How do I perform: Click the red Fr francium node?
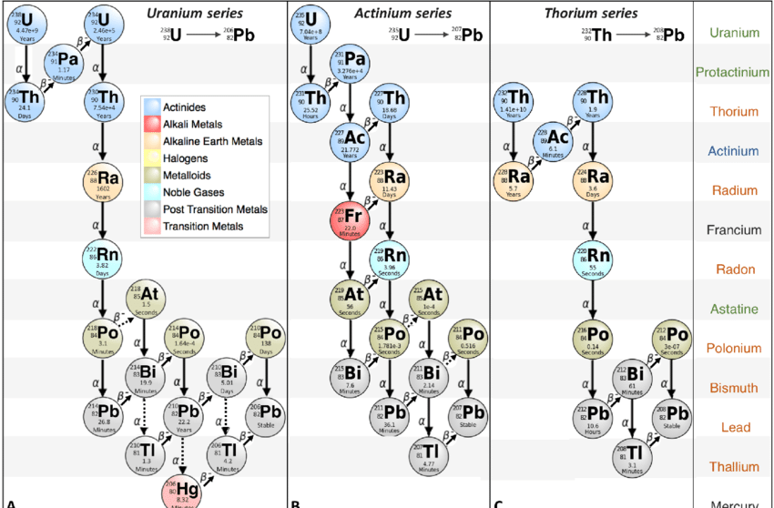(x=349, y=220)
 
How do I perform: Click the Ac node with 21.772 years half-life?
(x=350, y=142)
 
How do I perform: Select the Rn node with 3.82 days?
(x=104, y=259)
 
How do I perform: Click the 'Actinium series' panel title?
(x=391, y=14)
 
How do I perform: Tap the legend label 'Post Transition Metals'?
(x=215, y=208)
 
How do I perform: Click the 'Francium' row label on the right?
(x=733, y=230)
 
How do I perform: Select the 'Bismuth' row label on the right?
(x=733, y=388)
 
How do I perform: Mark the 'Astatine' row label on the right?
(x=733, y=310)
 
